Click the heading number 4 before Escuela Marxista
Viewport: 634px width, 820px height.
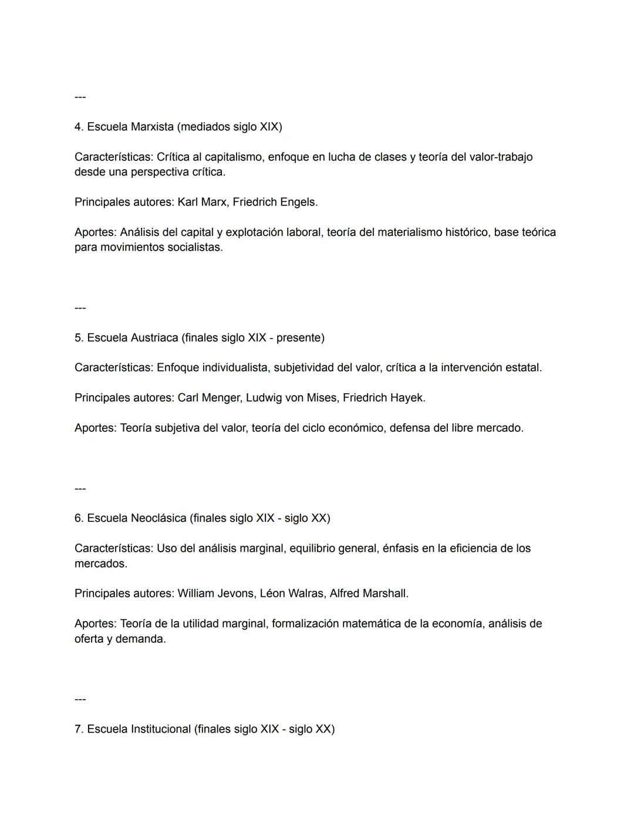click(x=78, y=127)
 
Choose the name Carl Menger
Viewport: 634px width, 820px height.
click(x=209, y=398)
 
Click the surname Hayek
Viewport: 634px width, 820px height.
click(x=407, y=398)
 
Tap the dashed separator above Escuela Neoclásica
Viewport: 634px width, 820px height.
click(x=80, y=488)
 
